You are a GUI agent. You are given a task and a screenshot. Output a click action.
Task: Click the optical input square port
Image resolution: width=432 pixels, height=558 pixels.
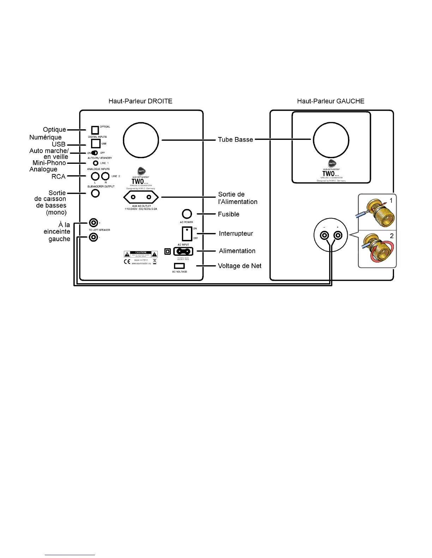95,130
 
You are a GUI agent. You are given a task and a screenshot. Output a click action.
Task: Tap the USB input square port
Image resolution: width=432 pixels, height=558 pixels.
96,143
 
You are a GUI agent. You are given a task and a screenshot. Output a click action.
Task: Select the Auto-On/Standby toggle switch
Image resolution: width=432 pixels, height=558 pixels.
95,153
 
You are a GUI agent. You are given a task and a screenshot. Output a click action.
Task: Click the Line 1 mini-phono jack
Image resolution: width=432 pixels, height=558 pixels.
95,163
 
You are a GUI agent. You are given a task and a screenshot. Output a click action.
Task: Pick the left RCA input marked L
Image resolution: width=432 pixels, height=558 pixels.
95,176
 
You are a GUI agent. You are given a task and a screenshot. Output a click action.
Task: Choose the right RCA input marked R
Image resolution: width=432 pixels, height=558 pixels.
105,176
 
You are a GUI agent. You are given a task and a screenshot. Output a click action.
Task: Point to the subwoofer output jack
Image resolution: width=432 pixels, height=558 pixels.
95,193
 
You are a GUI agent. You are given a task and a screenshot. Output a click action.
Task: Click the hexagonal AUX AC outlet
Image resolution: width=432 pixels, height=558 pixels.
141,197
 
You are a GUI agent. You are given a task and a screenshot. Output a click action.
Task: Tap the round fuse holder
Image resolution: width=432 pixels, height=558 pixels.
187,214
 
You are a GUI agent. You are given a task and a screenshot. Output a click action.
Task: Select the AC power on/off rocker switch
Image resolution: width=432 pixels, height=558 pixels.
187,233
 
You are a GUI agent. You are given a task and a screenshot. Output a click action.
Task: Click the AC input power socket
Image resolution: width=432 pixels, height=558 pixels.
183,251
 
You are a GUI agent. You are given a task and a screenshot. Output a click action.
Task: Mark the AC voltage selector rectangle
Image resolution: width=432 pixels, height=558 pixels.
179,266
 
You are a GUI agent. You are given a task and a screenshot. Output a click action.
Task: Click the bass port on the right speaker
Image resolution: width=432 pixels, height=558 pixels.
141,140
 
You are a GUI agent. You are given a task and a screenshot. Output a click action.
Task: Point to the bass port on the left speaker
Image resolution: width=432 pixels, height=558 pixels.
331,140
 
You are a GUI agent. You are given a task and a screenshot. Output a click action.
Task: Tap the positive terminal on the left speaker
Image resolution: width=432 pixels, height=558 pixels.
338,235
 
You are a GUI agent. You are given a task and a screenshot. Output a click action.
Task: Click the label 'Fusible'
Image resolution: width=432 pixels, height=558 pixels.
229,214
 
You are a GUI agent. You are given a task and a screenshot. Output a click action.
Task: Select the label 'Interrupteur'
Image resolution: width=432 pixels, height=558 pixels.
236,234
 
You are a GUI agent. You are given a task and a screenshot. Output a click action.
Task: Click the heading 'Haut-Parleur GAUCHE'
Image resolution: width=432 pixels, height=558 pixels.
331,101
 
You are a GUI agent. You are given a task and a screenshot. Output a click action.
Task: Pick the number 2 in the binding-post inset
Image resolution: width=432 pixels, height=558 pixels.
391,236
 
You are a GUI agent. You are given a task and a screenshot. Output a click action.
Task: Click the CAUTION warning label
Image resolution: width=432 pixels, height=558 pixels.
141,254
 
